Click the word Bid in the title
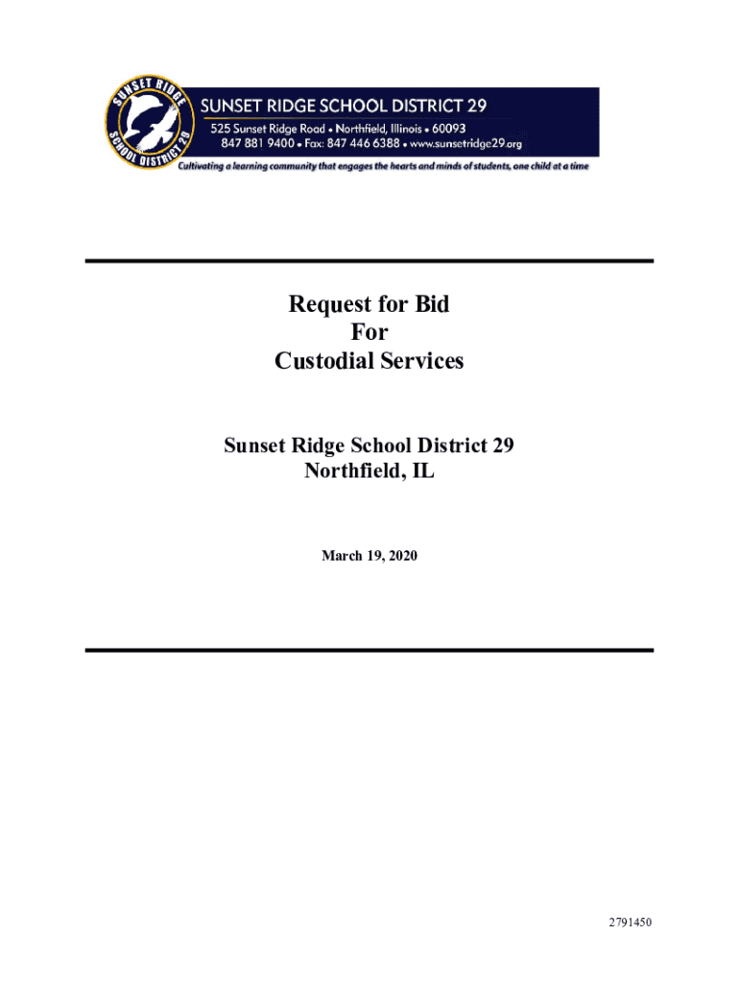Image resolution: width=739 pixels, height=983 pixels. (x=431, y=305)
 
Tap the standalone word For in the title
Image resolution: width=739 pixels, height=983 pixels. (x=369, y=333)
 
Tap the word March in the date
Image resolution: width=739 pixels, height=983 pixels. (x=343, y=556)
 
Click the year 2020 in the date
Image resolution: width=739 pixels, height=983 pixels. (x=403, y=556)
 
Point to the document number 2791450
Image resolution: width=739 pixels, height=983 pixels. (x=629, y=923)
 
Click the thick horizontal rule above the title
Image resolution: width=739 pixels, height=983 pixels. (x=369, y=261)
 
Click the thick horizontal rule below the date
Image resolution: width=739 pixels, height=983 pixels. (x=369, y=651)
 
